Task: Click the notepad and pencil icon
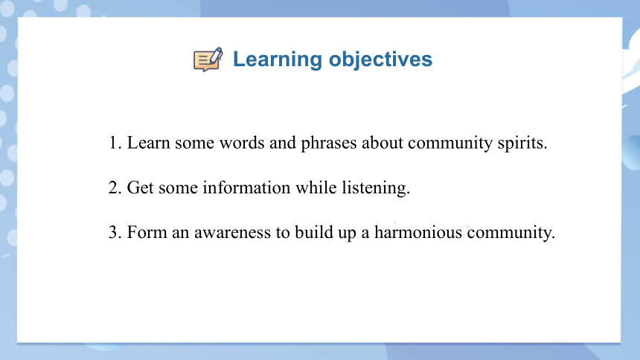(208, 60)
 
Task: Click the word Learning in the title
(278, 60)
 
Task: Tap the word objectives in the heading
(380, 60)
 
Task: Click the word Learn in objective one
(149, 143)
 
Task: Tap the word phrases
(329, 144)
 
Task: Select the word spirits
(522, 144)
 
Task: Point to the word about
(383, 143)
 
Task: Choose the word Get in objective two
(141, 187)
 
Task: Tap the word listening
(376, 189)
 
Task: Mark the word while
(316, 187)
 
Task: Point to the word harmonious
(418, 233)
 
